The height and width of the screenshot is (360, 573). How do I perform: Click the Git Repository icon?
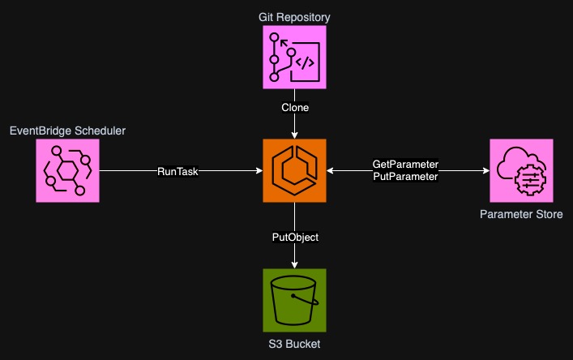[294, 57]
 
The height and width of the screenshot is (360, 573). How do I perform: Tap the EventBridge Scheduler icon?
[67, 170]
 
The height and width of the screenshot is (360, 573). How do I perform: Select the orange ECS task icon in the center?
[294, 170]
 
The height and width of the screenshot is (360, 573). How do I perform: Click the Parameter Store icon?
[521, 170]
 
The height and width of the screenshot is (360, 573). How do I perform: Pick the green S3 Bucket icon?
[294, 300]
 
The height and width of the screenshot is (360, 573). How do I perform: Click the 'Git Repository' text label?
[294, 15]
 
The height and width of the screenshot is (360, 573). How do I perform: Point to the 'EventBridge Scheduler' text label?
[67, 130]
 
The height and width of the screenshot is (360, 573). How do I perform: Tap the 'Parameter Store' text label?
[521, 214]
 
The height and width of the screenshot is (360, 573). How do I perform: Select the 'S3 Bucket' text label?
[294, 345]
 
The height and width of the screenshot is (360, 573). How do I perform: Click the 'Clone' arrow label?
[294, 107]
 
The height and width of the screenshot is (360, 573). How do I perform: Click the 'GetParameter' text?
[405, 165]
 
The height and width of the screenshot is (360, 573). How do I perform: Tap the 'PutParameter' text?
[405, 176]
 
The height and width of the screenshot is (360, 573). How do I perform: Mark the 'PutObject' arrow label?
[294, 237]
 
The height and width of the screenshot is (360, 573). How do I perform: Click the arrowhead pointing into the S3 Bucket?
[294, 264]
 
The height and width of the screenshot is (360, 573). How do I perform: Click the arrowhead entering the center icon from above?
[294, 135]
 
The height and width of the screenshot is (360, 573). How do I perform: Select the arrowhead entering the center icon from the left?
[258, 170]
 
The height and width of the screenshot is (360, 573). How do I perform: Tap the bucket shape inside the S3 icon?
[293, 302]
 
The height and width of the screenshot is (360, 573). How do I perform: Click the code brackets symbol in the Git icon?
[306, 62]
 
